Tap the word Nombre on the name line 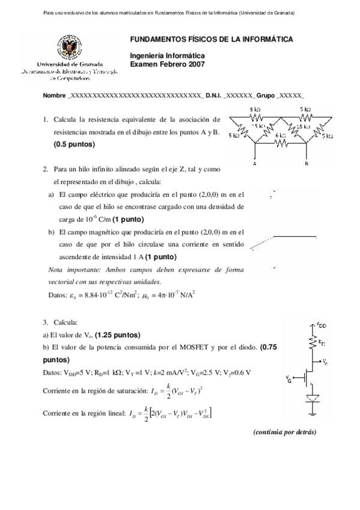(x=55, y=96)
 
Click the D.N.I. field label (x=215, y=96)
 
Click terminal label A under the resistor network (x=255, y=163)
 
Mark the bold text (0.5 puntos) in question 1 (x=75, y=144)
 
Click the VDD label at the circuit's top (x=323, y=325)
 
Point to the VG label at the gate (x=290, y=379)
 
